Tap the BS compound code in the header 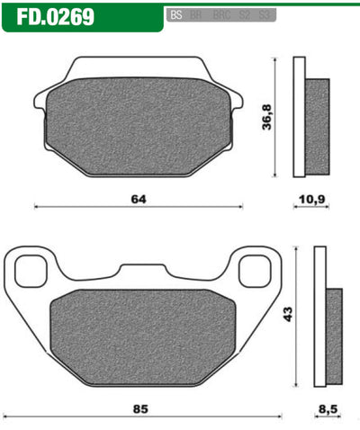tap(175, 15)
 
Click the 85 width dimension tap(139, 410)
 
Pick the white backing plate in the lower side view tap(319, 315)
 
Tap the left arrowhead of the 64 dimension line tap(36, 207)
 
